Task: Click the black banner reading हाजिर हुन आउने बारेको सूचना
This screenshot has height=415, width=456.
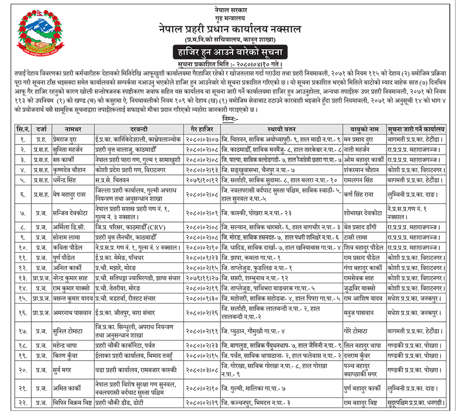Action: click(x=230, y=52)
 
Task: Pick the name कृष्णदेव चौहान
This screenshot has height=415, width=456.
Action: click(x=72, y=170)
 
